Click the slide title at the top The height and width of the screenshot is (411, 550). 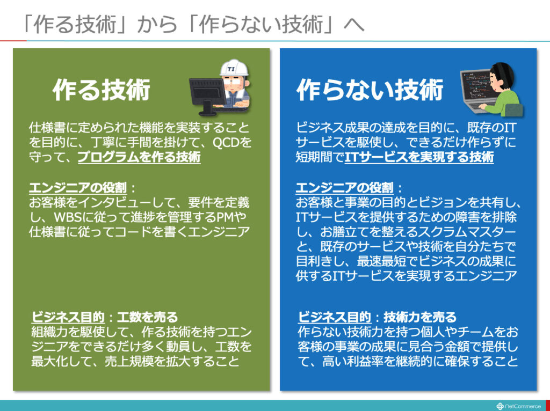click(x=192, y=25)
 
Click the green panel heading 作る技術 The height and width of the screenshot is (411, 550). click(x=102, y=90)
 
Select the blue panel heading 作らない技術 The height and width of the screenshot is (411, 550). click(x=370, y=90)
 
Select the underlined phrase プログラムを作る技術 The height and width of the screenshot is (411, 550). click(x=139, y=157)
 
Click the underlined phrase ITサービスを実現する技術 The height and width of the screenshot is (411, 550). click(x=419, y=157)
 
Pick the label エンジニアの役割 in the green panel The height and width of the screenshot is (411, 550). click(x=78, y=188)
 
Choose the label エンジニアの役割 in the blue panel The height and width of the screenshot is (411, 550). click(x=344, y=188)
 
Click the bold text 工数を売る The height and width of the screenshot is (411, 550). click(x=148, y=317)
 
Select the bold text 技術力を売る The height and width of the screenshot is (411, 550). click(x=420, y=317)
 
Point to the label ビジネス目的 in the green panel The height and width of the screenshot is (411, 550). click(x=68, y=317)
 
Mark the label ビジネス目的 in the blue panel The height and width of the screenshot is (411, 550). click(x=335, y=317)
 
